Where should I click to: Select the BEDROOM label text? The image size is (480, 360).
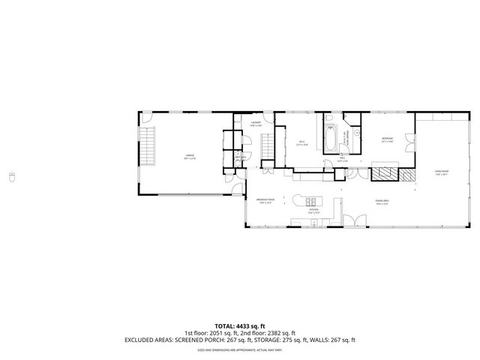tap(387, 139)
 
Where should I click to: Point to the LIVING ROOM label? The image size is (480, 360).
tap(440, 172)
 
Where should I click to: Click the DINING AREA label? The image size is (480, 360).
tap(382, 201)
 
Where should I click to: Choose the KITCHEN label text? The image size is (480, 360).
tap(313, 210)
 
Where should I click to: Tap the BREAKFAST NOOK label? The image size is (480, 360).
tap(266, 200)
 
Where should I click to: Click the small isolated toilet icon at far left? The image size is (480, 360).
tap(10, 177)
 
